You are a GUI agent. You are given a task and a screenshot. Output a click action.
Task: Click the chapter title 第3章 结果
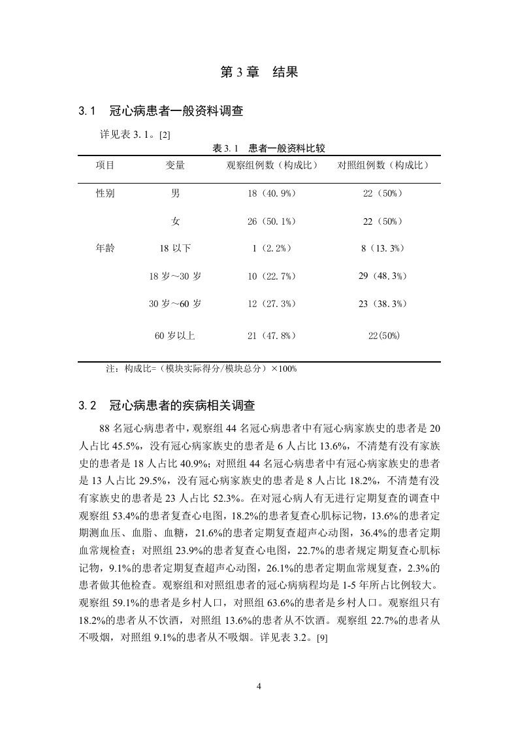[x=259, y=73]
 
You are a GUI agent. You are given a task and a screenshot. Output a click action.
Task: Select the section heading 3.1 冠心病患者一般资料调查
[x=161, y=111]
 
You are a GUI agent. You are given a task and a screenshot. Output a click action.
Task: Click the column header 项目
[x=105, y=165]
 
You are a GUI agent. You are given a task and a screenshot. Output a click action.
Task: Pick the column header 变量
[x=175, y=165]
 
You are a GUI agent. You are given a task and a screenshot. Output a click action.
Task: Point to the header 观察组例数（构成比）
[x=272, y=165]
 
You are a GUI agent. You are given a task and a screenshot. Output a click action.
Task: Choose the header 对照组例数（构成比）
[x=383, y=165]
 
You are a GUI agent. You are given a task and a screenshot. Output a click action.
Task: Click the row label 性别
[x=105, y=194]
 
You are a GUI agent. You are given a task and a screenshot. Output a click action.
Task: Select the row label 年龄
[x=105, y=248]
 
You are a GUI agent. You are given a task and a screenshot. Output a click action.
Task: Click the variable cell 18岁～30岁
[x=175, y=276]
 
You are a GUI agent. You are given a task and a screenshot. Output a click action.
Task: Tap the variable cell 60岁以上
[x=175, y=336]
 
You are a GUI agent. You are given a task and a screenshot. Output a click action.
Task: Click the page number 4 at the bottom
[x=259, y=686]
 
